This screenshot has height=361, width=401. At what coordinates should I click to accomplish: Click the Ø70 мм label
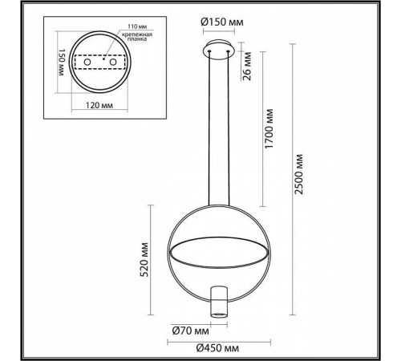point(190,330)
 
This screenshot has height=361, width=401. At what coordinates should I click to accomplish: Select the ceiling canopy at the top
point(220,51)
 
